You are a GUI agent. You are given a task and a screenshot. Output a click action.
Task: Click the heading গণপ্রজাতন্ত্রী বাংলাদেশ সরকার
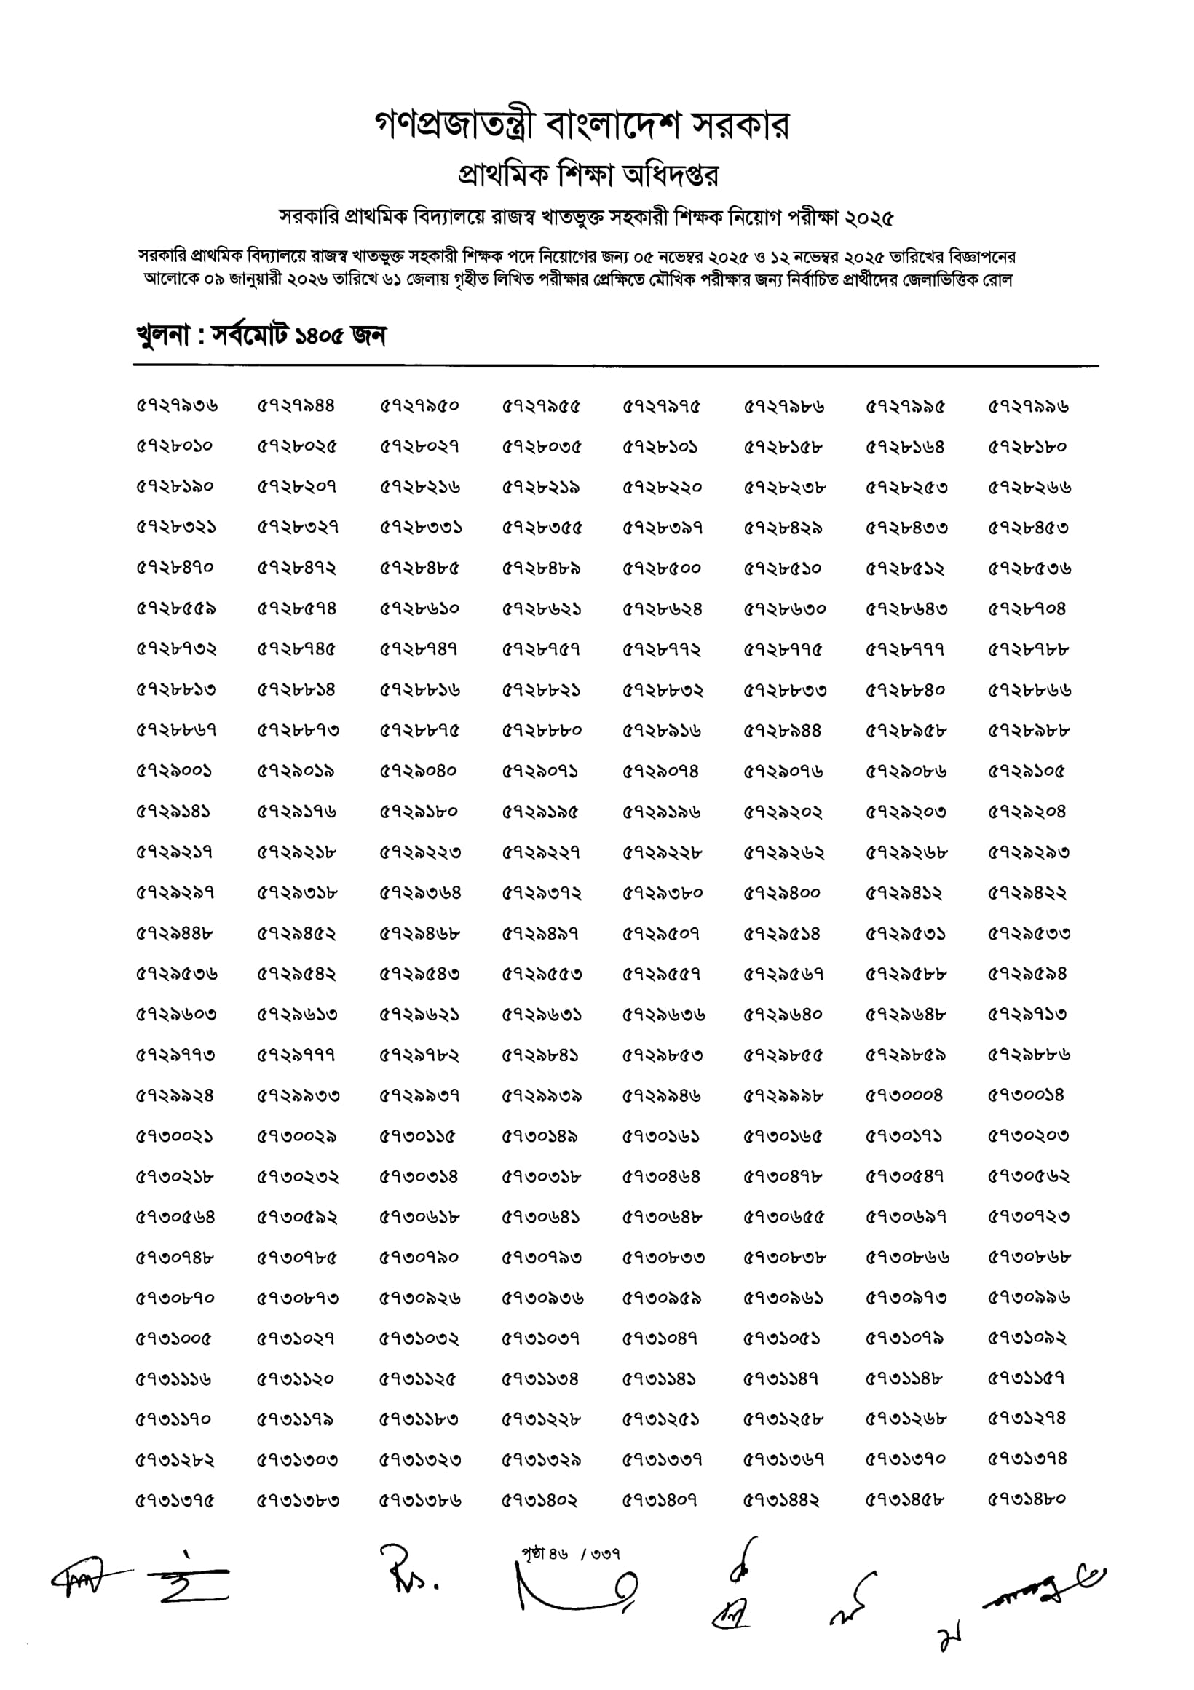pos(582,126)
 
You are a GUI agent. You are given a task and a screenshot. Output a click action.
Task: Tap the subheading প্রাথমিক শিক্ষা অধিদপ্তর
pos(588,175)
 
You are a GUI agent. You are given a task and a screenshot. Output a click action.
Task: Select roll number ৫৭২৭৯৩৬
pos(177,406)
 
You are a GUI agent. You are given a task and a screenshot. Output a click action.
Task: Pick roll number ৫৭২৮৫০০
pos(661,568)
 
